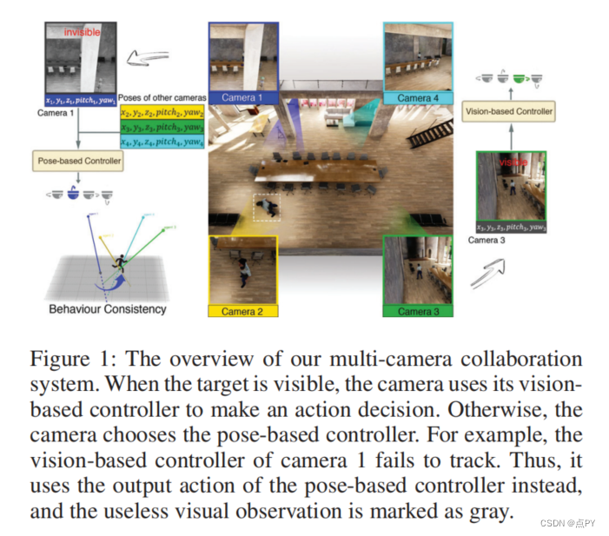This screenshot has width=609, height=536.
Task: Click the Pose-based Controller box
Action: (78, 161)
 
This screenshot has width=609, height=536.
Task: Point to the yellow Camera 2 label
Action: (242, 311)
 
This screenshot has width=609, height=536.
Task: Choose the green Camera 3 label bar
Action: (417, 311)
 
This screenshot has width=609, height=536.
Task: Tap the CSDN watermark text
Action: (567, 522)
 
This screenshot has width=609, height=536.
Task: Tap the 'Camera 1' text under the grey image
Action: (55, 112)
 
